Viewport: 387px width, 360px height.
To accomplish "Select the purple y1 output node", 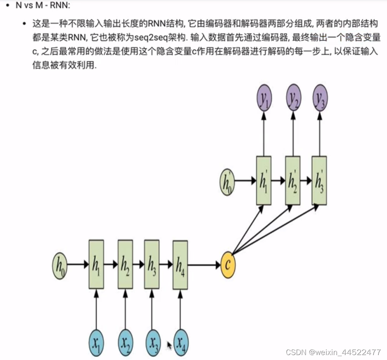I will point(264,98).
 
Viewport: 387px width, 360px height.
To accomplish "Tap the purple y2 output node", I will point(293,98).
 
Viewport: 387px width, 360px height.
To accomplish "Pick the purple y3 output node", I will point(320,98).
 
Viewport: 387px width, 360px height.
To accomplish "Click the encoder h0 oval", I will point(59,265).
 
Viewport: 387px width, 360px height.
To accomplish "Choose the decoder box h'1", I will point(264,181).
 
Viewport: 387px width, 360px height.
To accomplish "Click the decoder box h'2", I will point(293,181).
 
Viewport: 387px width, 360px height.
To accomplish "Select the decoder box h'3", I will point(319,181).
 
